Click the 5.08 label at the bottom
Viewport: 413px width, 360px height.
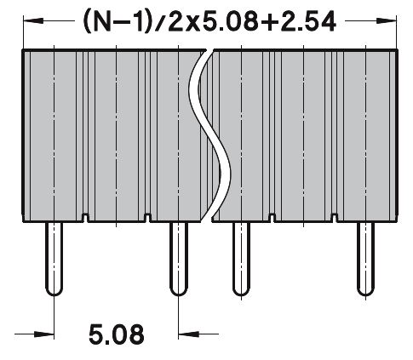pos(115,334)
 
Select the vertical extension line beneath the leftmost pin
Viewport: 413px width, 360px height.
pos(54,319)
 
